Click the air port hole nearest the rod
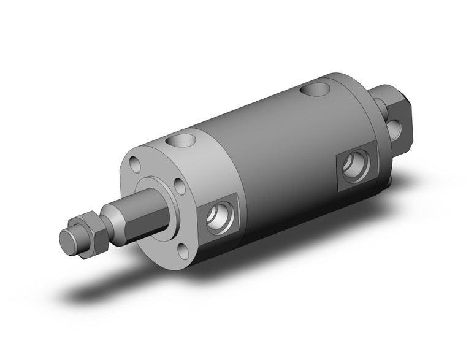click(x=219, y=219)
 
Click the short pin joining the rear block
click(x=381, y=105)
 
